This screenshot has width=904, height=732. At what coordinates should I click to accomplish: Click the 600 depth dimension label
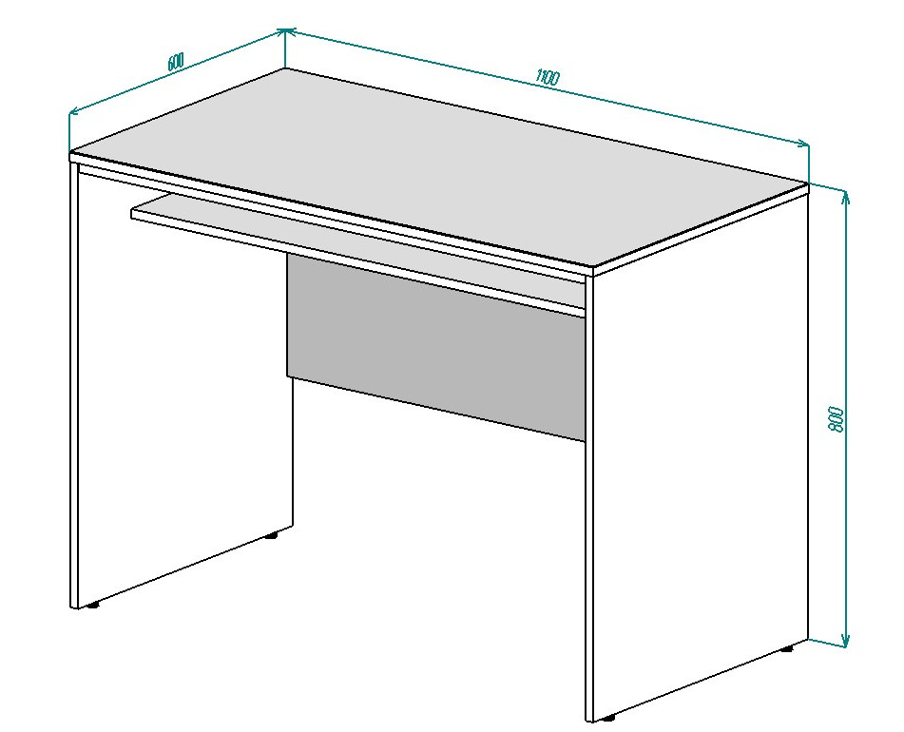tap(176, 61)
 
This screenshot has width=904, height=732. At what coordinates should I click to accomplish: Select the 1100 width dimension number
tap(548, 77)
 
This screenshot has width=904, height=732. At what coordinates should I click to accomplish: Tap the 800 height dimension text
tap(836, 420)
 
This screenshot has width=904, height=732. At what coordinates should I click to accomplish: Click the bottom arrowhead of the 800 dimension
tap(845, 641)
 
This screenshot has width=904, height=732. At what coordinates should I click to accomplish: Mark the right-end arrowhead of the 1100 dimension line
tap(802, 144)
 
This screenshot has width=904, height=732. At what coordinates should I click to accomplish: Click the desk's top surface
tap(438, 167)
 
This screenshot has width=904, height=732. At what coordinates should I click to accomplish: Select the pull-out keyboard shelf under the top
tap(357, 254)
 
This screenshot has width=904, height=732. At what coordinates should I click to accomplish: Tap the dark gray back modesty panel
tap(436, 346)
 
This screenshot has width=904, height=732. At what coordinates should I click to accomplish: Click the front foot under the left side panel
tap(91, 606)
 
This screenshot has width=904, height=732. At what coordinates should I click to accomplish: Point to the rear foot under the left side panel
tap(271, 535)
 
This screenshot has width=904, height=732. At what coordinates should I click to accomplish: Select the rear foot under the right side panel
tap(786, 648)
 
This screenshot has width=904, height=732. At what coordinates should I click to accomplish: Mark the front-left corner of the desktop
tap(71, 153)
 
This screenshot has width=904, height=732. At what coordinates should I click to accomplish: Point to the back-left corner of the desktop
tap(286, 69)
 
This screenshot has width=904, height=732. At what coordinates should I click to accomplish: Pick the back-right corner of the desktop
tap(807, 184)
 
